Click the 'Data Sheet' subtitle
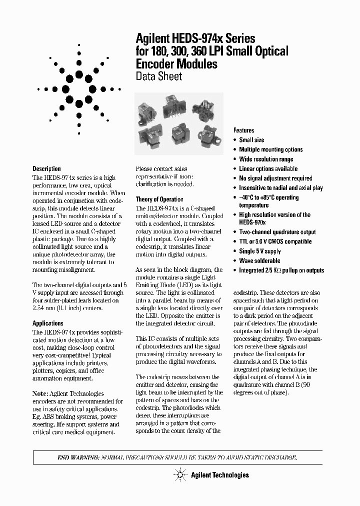(158, 76)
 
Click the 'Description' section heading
(46, 169)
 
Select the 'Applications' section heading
(48, 323)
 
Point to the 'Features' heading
(244, 130)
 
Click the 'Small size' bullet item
(251, 140)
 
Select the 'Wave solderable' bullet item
(259, 260)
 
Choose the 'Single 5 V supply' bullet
(260, 251)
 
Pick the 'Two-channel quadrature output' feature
(277, 232)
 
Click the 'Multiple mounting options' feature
(270, 149)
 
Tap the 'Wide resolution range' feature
(266, 159)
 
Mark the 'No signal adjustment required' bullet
(275, 178)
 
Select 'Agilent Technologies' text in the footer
(219, 475)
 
